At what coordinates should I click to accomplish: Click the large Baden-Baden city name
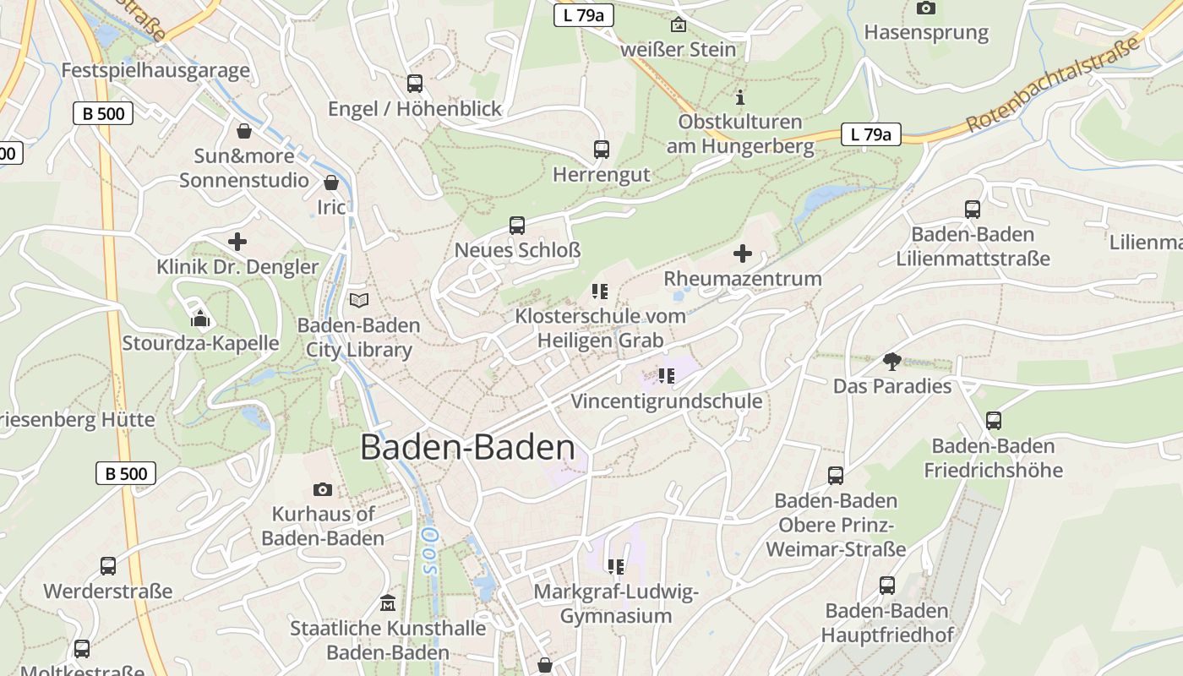[x=467, y=448]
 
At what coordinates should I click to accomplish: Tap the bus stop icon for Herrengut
[x=601, y=150]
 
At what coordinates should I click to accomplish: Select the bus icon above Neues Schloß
[x=516, y=226]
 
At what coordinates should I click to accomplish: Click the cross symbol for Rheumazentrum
[x=742, y=253]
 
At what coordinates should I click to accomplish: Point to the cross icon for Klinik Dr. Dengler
[x=237, y=242]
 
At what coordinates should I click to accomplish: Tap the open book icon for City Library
[x=359, y=300]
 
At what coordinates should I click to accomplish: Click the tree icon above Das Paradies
[x=891, y=362]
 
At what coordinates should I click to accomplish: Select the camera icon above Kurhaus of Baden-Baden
[x=322, y=489]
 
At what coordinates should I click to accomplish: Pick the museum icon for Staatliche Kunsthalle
[x=388, y=603]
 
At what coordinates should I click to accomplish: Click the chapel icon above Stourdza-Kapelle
[x=200, y=318]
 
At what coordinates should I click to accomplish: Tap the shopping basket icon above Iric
[x=331, y=183]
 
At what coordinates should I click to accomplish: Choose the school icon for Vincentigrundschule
[x=666, y=376]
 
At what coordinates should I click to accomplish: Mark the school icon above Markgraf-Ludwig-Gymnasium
[x=615, y=566]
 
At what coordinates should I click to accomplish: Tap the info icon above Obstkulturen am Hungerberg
[x=740, y=97]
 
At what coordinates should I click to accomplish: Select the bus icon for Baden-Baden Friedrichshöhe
[x=994, y=421]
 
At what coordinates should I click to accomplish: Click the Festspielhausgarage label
[x=155, y=70]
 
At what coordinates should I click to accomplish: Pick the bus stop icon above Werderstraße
[x=108, y=566]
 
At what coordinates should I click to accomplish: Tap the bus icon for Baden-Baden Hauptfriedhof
[x=886, y=586]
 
